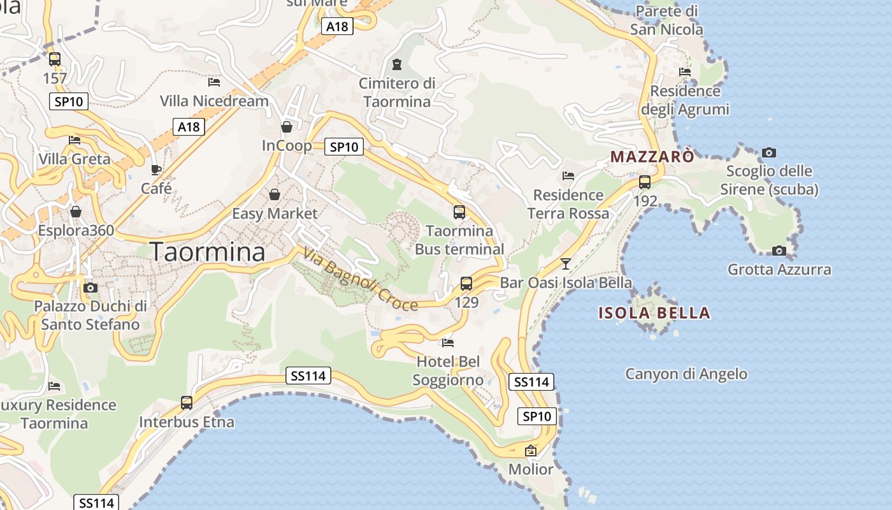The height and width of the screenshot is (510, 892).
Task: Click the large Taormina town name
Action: (x=207, y=252)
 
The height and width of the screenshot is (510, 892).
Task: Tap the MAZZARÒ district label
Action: (x=652, y=156)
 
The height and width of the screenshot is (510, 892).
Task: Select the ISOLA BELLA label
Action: (x=654, y=313)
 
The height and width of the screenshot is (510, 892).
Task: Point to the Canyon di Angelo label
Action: (x=686, y=374)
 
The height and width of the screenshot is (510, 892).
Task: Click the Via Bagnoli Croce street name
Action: (x=360, y=279)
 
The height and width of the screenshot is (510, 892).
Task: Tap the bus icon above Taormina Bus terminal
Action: (x=459, y=212)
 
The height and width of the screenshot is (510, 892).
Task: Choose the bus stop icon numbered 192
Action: (x=645, y=182)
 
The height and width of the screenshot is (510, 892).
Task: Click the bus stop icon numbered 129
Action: (x=466, y=284)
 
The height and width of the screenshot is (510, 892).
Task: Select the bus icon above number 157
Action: (x=55, y=59)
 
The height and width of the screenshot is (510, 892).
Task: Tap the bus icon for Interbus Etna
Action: (x=187, y=403)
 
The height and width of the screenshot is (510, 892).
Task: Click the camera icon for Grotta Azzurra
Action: (x=779, y=251)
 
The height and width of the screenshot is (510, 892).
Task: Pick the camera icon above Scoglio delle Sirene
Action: (x=769, y=152)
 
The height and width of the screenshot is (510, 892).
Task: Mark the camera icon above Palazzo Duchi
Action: (x=90, y=288)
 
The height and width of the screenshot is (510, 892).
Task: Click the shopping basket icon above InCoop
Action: (x=287, y=127)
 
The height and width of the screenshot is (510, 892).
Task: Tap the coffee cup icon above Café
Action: (x=156, y=170)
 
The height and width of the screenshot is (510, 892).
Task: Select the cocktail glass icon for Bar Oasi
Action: (x=565, y=263)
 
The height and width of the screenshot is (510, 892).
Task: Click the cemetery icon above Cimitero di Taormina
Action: (x=397, y=64)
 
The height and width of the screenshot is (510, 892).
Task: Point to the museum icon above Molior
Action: (x=531, y=451)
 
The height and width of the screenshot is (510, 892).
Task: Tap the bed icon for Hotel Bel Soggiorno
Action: (x=448, y=343)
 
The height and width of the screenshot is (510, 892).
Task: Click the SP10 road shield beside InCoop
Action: (x=344, y=147)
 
